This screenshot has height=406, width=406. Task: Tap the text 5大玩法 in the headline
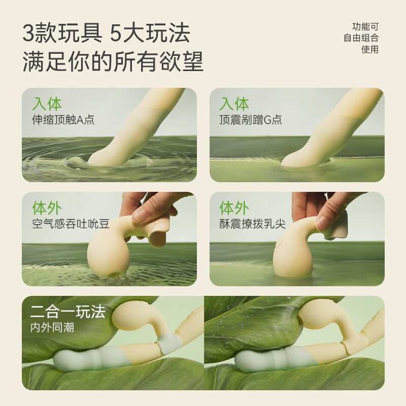[151, 34]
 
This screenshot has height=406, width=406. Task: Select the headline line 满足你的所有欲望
[113, 62]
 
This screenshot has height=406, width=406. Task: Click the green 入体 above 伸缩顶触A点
[47, 104]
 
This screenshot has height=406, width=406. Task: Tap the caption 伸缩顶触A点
[63, 120]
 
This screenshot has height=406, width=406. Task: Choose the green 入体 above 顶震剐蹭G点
[234, 104]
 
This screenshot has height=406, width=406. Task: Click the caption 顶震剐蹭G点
[251, 120]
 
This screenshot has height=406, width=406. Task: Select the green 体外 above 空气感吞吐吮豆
[47, 208]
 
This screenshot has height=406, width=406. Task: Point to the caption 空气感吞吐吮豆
[71, 224]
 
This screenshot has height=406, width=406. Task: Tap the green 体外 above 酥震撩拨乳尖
[234, 208]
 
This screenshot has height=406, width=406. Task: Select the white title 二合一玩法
[67, 312]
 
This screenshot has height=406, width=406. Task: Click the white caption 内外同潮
[52, 327]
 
